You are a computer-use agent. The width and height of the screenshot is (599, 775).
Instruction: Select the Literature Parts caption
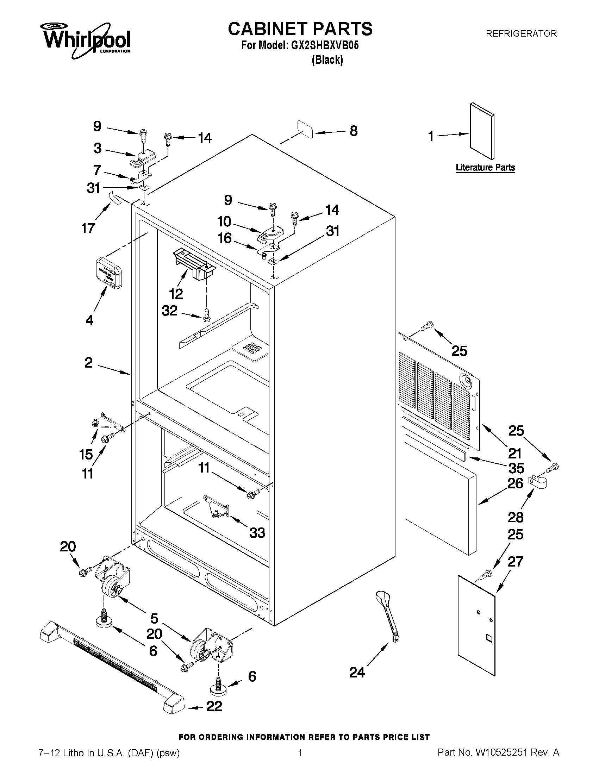(485, 168)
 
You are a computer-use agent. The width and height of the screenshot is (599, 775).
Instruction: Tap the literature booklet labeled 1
(481, 131)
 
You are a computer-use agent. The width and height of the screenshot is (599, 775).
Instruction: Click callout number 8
(354, 131)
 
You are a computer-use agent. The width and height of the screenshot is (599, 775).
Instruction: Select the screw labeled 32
(207, 314)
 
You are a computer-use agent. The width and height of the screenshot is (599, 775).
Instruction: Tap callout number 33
(257, 533)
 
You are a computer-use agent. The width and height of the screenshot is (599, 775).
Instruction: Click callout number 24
(357, 672)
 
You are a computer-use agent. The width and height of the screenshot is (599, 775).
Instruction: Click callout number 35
(516, 468)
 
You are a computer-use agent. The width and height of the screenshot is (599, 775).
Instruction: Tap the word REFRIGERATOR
(521, 34)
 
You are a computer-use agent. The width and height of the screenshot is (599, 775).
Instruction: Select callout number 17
(88, 228)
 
